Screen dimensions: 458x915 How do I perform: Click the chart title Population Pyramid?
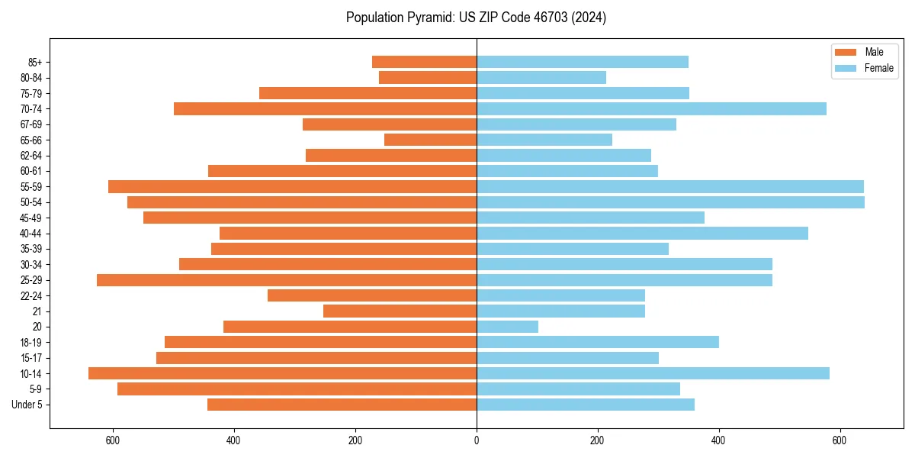pos(476,18)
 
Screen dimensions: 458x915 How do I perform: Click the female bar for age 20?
pos(507,327)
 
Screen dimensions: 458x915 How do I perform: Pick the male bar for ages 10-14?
pos(282,373)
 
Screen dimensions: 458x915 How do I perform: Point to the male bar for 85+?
pos(424,62)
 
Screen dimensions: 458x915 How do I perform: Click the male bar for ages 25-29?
pos(287,280)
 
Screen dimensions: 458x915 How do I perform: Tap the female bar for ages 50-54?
pos(670,202)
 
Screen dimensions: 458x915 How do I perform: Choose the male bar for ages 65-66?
pos(430,140)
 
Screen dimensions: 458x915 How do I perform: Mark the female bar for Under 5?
pos(586,405)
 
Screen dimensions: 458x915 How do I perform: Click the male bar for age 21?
pos(400,311)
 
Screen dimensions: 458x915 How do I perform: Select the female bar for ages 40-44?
pos(642,234)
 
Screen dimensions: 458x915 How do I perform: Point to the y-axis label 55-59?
pos(31,187)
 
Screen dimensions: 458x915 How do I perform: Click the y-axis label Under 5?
pos(27,405)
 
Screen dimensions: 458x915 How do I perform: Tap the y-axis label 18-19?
pos(31,343)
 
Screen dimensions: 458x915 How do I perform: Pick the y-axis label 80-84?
pos(31,78)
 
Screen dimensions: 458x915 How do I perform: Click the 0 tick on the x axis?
pos(477,440)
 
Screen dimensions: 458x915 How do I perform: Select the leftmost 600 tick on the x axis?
pos(113,440)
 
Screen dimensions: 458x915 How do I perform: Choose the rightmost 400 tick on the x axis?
pos(718,440)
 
